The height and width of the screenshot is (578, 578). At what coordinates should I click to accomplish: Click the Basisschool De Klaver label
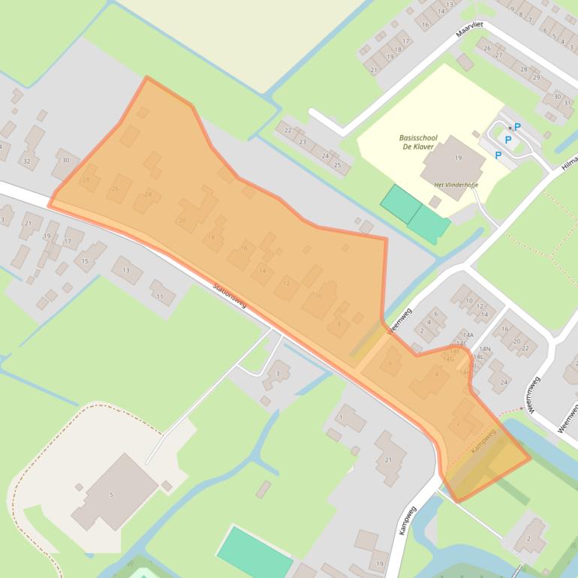click(x=418, y=143)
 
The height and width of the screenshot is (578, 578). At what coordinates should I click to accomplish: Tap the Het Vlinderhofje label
click(x=450, y=184)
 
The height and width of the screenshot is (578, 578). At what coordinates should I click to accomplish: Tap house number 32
click(x=27, y=161)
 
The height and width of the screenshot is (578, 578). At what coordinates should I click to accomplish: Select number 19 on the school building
click(x=457, y=158)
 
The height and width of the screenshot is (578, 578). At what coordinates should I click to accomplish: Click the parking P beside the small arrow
click(x=518, y=127)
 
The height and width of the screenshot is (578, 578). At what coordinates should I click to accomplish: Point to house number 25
click(x=338, y=164)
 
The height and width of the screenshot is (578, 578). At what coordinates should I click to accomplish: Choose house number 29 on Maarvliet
click(x=536, y=77)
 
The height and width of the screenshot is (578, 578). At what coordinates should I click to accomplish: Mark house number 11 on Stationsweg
click(x=160, y=297)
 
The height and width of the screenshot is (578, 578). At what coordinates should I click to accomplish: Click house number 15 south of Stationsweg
click(x=85, y=261)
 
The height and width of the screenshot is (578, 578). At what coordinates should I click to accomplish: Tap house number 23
click(x=303, y=141)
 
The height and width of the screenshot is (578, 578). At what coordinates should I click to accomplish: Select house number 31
click(x=567, y=103)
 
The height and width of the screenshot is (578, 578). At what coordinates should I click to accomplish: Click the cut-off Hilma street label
click(x=569, y=164)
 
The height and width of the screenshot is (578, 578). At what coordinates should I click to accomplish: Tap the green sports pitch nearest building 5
click(x=254, y=554)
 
